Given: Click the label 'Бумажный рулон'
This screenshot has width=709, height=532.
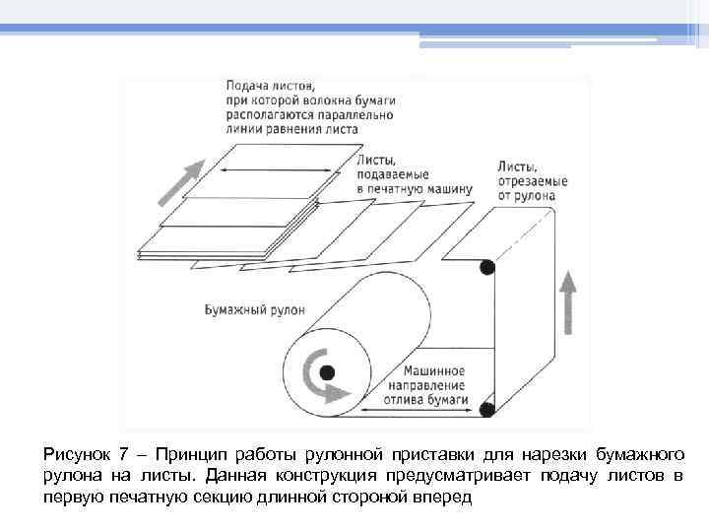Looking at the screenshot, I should click(x=254, y=308).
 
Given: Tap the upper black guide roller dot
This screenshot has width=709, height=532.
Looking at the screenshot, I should click(x=485, y=267).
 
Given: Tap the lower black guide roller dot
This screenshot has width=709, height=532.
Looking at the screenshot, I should click(x=485, y=407).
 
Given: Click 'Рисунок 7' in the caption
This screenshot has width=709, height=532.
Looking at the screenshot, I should click(x=87, y=454).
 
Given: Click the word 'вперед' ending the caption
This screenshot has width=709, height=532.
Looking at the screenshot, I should click(x=446, y=498).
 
